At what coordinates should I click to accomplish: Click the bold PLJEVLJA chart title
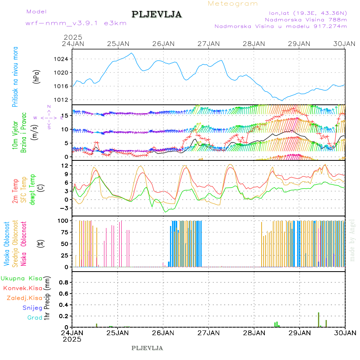coord(156,15)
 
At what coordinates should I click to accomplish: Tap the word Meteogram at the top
coord(233,4)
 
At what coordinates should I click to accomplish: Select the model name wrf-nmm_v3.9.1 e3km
coord(76,23)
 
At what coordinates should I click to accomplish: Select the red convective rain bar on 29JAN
coord(318,320)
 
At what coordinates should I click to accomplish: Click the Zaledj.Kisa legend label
coord(24,298)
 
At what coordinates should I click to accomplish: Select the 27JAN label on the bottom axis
coord(208,333)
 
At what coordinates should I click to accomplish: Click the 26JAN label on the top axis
coord(163,43)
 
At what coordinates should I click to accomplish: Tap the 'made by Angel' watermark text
coord(352,240)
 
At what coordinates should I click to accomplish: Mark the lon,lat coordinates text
coord(308,12)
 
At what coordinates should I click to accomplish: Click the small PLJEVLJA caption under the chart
coord(147,348)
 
